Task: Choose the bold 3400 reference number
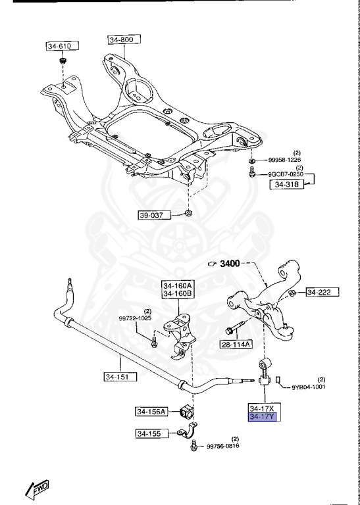pos(232,264)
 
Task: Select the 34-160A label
pos(178,286)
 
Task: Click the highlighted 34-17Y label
pos(261,416)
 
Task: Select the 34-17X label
pos(261,407)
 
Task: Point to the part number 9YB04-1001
pos(309,387)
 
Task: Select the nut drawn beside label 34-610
pos(62,62)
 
